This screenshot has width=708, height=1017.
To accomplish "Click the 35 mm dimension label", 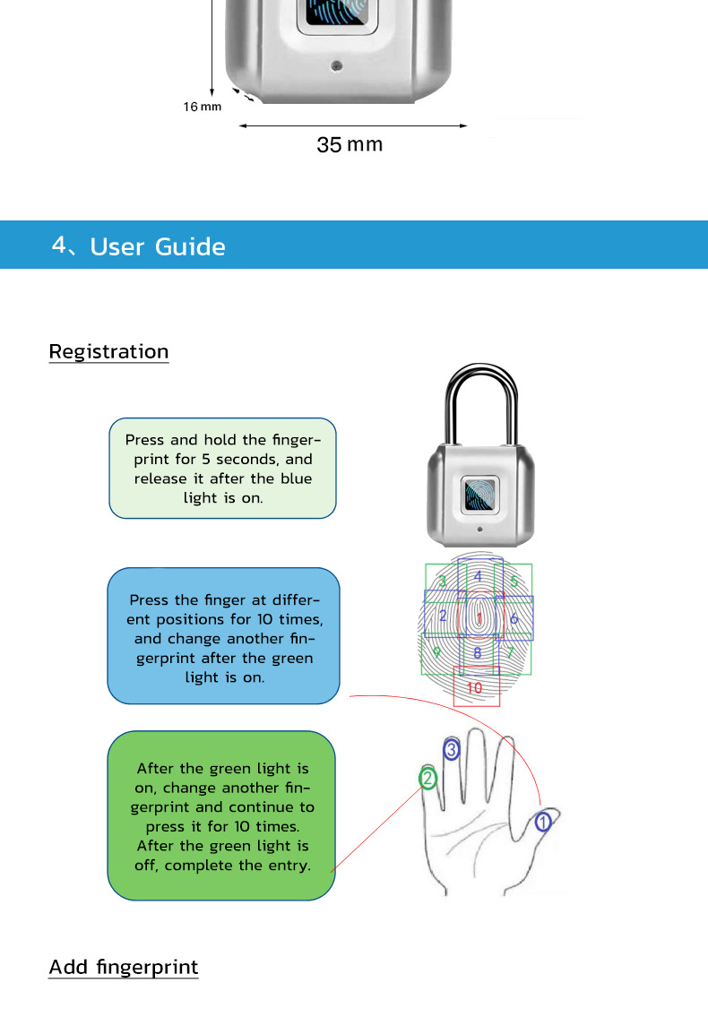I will click(x=350, y=144).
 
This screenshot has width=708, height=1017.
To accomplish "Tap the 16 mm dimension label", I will click(x=202, y=107).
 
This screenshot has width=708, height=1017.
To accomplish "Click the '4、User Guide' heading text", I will click(x=139, y=246).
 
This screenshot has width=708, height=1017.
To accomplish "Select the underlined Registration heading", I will click(x=108, y=351).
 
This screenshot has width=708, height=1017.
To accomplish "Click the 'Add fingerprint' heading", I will click(x=123, y=968).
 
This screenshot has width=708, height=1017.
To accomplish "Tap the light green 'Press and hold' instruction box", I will click(x=222, y=468).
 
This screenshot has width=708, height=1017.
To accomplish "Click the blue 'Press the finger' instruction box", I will click(x=223, y=635).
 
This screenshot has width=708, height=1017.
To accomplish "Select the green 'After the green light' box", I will click(x=221, y=815).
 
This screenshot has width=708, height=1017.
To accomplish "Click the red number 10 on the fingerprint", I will click(x=475, y=688).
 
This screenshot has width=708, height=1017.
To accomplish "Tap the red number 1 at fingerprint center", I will click(x=479, y=618).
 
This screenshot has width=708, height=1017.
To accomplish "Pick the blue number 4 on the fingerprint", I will click(x=479, y=576).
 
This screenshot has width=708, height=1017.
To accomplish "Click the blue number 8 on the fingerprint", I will click(x=478, y=653).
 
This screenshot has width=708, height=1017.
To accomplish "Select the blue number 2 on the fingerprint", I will click(x=443, y=616).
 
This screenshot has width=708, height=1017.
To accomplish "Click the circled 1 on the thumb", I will click(x=543, y=820).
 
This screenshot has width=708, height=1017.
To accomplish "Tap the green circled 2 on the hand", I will click(x=428, y=778).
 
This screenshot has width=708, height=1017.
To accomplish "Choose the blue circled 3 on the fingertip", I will click(x=452, y=749).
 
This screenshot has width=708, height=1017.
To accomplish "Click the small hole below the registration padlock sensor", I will click(x=479, y=530).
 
